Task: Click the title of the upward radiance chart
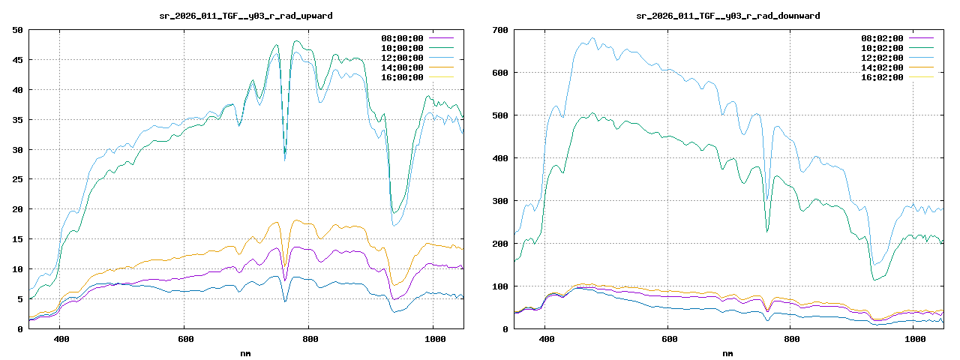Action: [246, 15]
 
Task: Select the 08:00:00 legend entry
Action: [402, 38]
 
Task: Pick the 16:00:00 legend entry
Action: [402, 77]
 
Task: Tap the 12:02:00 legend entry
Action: [882, 58]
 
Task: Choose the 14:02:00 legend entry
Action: [882, 67]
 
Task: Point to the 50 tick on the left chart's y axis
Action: [17, 30]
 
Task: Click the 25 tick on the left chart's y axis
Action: [17, 179]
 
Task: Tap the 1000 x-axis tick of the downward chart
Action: [914, 339]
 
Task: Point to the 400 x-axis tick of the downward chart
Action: [547, 339]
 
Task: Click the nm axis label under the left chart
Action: [246, 352]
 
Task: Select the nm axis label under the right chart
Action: [727, 352]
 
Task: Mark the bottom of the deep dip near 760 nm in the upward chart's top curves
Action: [285, 157]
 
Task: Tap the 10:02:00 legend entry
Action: [882, 48]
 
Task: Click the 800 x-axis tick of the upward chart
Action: [309, 339]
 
